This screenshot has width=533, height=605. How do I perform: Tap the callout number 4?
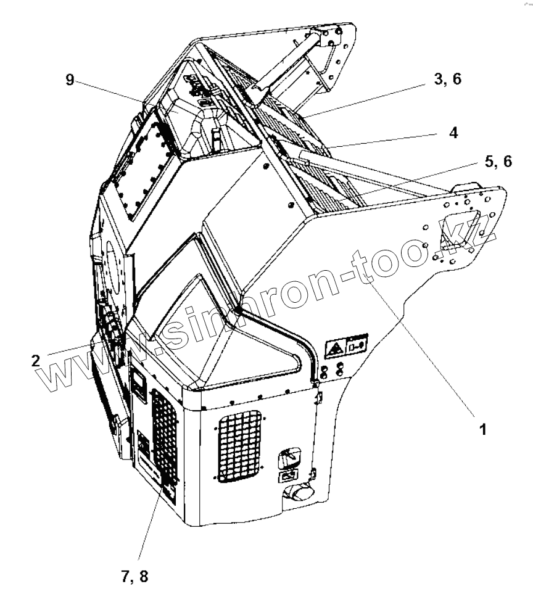[x=453, y=133]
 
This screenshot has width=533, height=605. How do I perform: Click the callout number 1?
[x=484, y=429]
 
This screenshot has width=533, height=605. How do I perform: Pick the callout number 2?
[x=37, y=361]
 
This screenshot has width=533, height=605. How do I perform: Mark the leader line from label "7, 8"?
[x=148, y=524]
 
